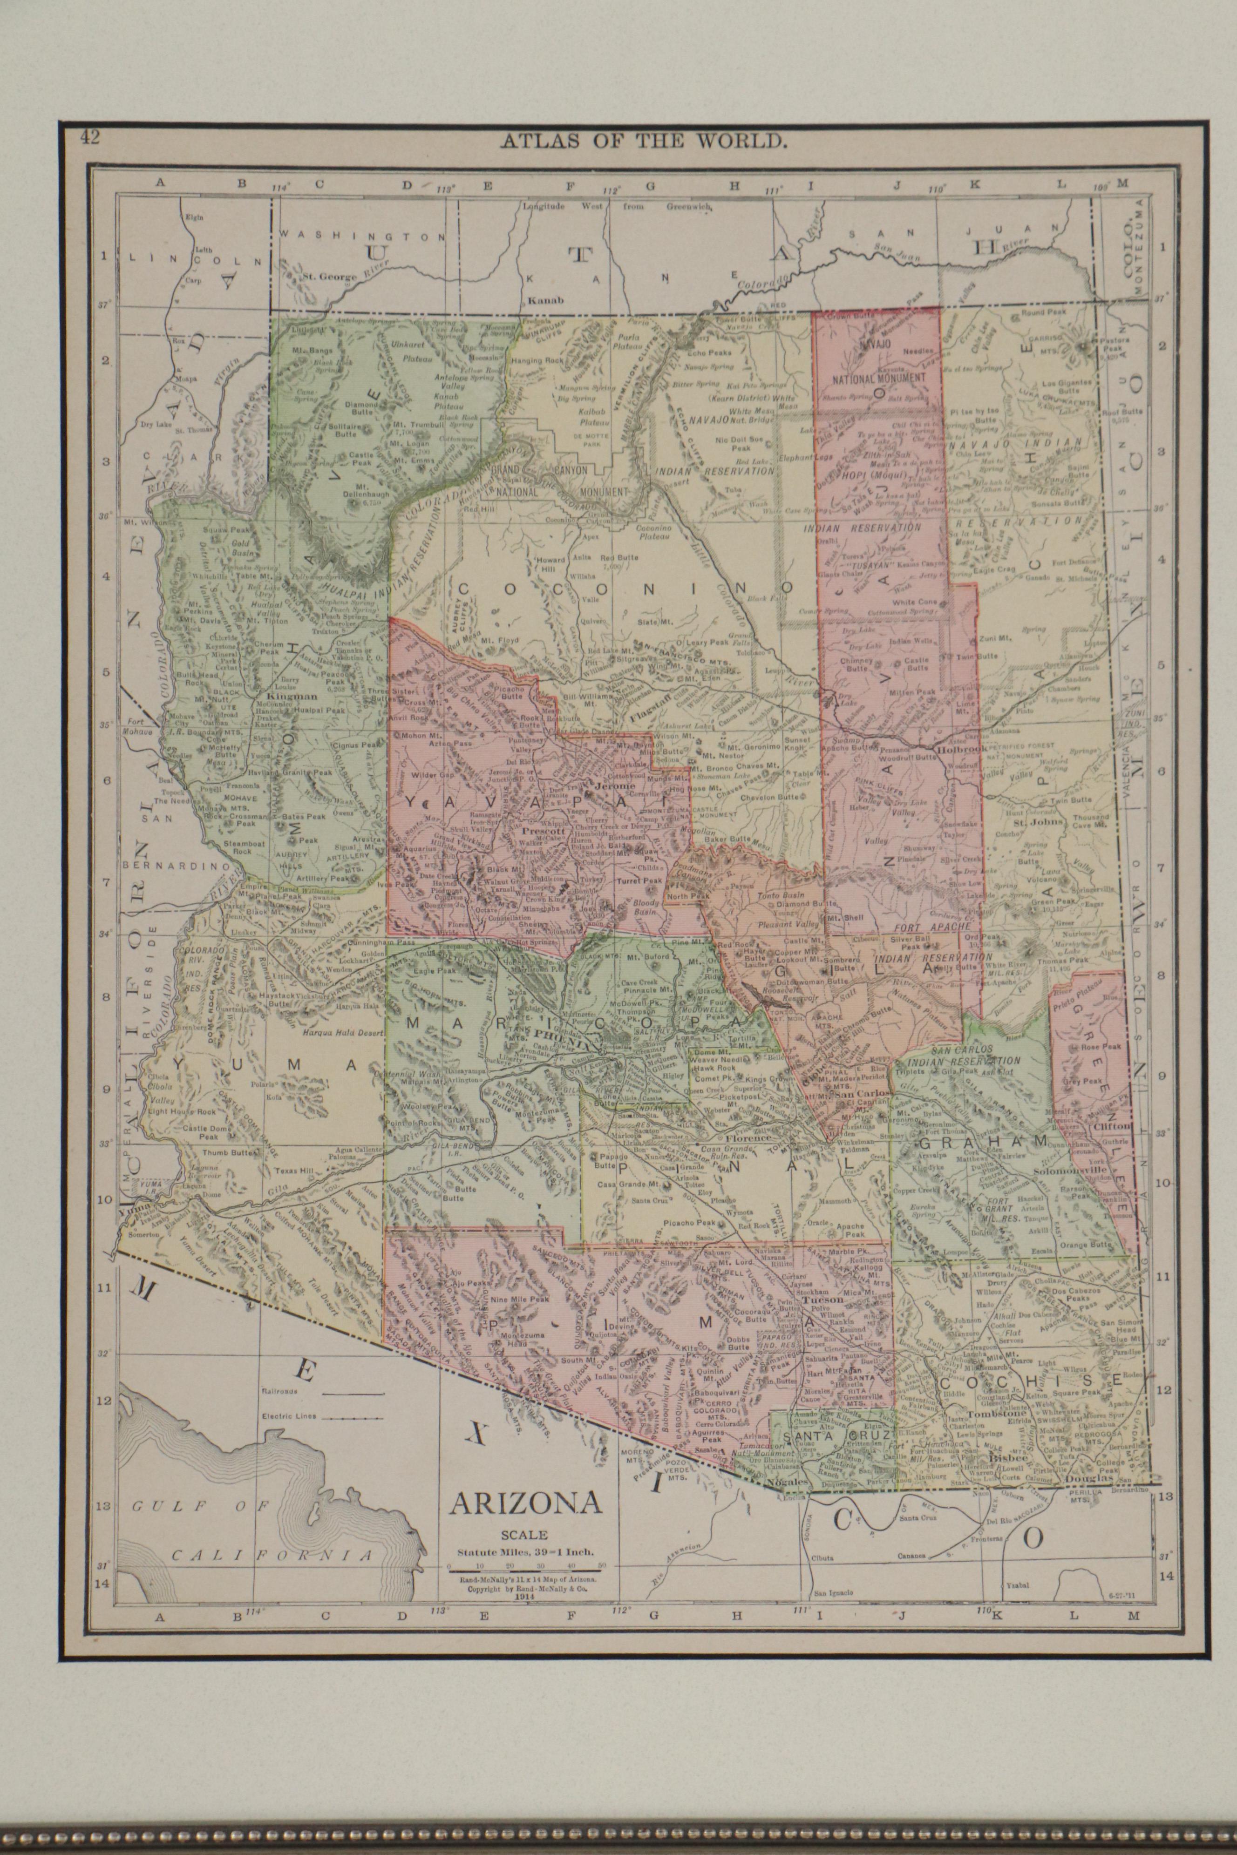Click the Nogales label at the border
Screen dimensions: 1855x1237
tap(790, 1483)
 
